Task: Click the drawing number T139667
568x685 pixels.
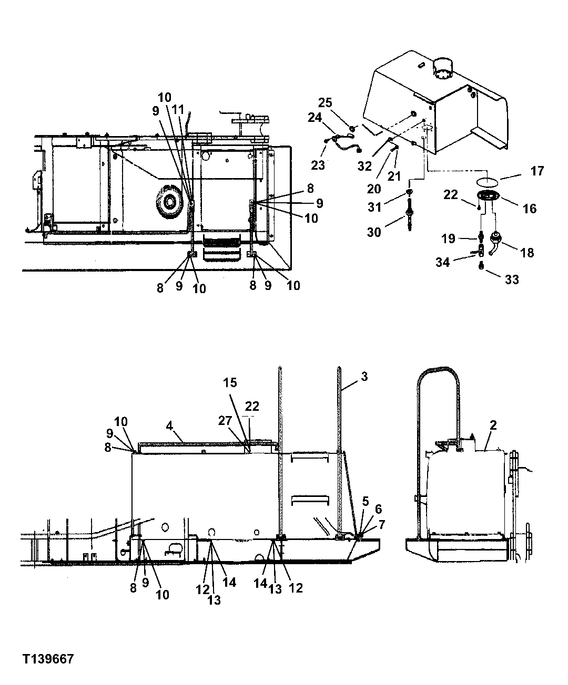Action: (x=48, y=659)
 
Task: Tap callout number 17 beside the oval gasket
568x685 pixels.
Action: (x=536, y=171)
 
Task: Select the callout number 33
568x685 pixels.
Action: (x=512, y=279)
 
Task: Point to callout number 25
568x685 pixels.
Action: (x=325, y=102)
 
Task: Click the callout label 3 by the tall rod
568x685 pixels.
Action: (x=364, y=377)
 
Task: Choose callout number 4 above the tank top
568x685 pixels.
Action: (x=170, y=425)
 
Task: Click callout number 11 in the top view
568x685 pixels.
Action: (x=178, y=109)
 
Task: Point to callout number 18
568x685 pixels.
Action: (x=526, y=252)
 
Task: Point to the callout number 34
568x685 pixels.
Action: (x=443, y=262)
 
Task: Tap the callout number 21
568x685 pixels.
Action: (x=394, y=177)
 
